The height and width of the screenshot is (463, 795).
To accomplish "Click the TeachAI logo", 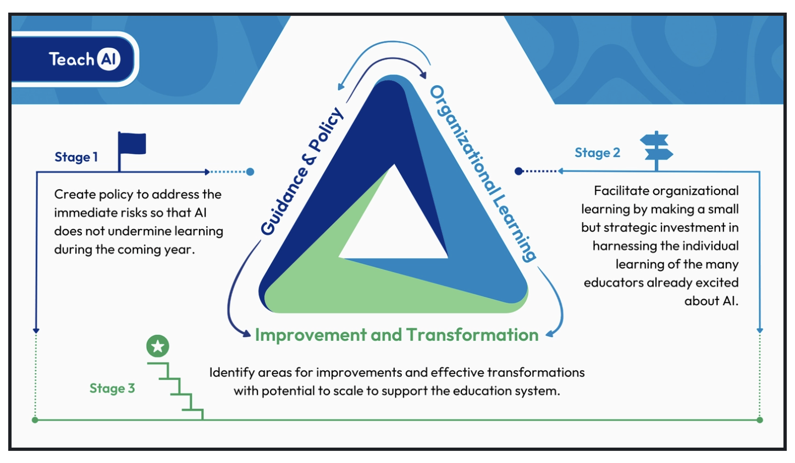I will (84, 59).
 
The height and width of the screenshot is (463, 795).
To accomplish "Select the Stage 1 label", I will (76, 157).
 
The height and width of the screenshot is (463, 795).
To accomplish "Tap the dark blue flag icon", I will (132, 144).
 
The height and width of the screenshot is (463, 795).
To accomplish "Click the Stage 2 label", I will (597, 153).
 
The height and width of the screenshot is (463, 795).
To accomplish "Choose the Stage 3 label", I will (112, 388).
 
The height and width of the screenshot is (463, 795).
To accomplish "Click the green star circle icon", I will (158, 346).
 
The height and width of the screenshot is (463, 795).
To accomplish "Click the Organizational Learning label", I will (483, 173).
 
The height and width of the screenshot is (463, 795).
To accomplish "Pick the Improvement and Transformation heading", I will (396, 335).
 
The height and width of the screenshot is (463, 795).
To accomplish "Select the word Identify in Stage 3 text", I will (231, 372).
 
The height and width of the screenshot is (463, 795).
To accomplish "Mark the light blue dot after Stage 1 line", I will (250, 172).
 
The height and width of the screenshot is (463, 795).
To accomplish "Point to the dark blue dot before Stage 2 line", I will (518, 171).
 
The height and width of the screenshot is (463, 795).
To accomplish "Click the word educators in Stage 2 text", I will (614, 283).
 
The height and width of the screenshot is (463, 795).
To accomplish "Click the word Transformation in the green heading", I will (472, 335).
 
